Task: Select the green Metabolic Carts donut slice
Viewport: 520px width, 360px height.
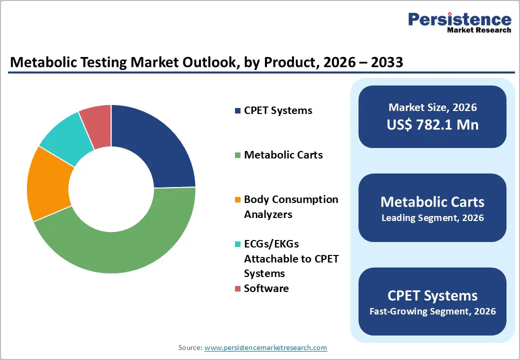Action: tap(125, 245)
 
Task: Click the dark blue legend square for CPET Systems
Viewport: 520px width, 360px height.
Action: tap(237, 110)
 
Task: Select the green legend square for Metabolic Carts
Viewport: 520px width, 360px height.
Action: tap(237, 155)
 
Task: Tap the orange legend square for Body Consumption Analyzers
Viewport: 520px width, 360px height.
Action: tap(237, 200)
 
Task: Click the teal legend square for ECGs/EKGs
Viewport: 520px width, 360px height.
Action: tap(237, 244)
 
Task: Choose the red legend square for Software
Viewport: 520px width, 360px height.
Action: tap(237, 289)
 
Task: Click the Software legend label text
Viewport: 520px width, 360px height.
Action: tap(266, 288)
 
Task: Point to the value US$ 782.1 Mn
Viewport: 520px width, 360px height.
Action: tap(432, 124)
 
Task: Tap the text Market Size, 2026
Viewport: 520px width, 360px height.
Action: tap(432, 107)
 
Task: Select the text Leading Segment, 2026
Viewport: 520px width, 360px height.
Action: tap(432, 218)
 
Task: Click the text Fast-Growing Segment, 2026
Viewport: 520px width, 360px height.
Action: tap(432, 311)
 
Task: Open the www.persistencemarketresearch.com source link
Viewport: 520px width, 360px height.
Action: tap(265, 347)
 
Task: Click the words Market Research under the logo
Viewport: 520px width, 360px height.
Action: tap(479, 30)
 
